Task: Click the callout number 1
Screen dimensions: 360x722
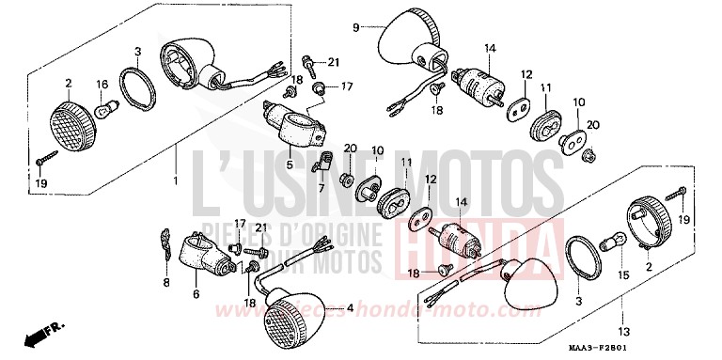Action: tap(175, 179)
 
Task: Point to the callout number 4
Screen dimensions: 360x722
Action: tap(350, 308)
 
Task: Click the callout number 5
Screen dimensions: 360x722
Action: tap(290, 166)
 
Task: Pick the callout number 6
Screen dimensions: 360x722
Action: tap(196, 294)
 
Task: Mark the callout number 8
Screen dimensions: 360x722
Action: tap(167, 281)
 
